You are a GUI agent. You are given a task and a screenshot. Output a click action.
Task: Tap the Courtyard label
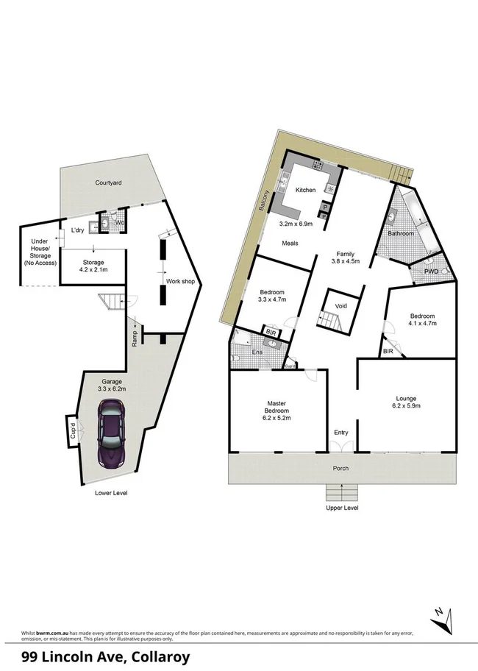[108, 182]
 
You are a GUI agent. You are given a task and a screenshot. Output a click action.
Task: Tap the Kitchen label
[305, 190]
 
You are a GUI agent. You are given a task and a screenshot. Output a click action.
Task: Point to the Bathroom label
[402, 233]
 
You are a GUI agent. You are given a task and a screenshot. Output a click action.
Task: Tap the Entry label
[341, 433]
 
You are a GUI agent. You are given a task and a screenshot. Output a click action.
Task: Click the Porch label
[340, 469]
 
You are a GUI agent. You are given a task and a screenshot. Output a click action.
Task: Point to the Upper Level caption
[342, 508]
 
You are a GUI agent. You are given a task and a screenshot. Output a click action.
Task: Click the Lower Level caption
[110, 492]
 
